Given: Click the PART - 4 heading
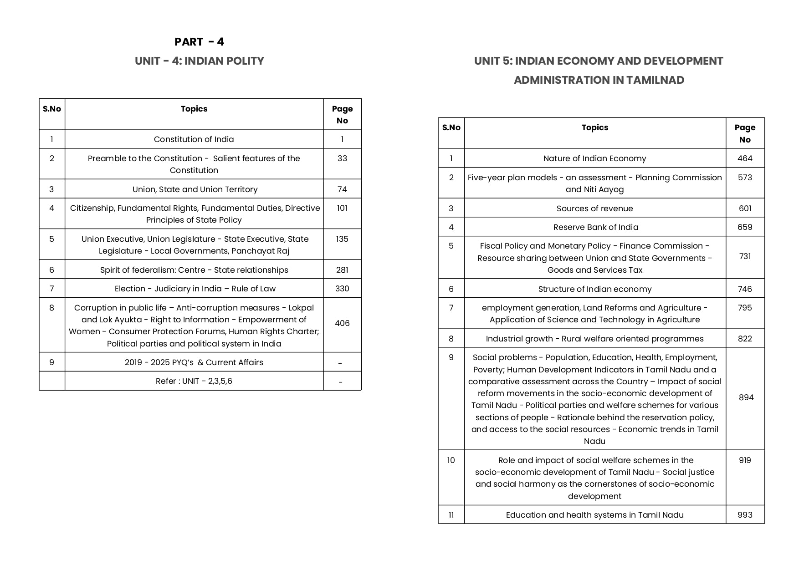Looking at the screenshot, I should pos(199,42).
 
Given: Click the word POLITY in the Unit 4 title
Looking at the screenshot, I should pos(243,61).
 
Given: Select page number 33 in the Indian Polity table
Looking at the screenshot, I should pos(342,158).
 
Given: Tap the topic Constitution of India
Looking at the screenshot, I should pos(194,139).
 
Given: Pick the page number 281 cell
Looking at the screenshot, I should pos(342,270).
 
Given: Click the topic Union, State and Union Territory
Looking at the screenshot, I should pos(195,189).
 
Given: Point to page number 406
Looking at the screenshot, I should pos(342,323).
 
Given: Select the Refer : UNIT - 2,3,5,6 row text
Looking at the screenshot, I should pos(194,381).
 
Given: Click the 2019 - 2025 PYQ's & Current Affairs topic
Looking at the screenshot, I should pos(194,362).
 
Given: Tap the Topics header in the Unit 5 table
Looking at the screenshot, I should pos(594,127).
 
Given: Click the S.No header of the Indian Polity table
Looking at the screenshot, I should pos(52,109).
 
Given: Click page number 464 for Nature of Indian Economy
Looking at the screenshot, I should pos(745,158).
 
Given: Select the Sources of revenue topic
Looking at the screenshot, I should pos(594,209).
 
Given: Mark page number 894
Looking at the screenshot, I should pos(746,397).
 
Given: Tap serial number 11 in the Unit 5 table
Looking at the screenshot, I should pos(451,515).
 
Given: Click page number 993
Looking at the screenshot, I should pos(745,515).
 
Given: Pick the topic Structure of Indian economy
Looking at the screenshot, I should pos(594,289).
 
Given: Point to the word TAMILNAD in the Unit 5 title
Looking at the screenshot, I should pos(655,80).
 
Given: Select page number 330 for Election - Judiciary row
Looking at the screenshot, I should pos(342,289).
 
